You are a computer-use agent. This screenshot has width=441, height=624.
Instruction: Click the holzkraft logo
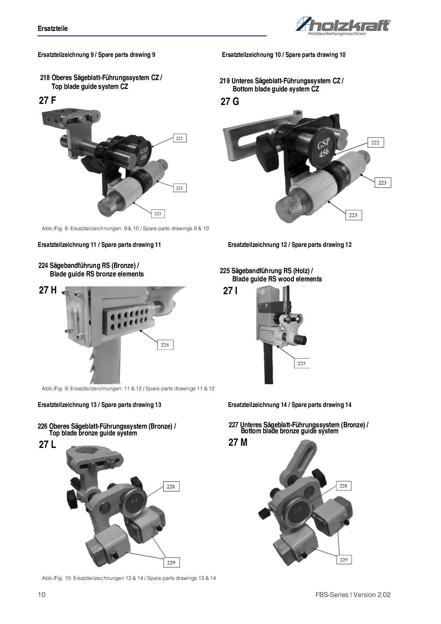[x=343, y=26]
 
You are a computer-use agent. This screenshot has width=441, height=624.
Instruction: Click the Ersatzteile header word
[x=53, y=28]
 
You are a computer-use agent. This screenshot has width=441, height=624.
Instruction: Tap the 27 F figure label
[x=47, y=100]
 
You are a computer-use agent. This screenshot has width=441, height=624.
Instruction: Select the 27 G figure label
[x=230, y=102]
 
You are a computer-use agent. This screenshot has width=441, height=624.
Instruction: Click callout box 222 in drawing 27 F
[x=179, y=138]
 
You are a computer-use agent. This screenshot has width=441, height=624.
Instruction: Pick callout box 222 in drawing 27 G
[x=375, y=143]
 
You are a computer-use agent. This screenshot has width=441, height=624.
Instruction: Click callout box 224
[x=165, y=345]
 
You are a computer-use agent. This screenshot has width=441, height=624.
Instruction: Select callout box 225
[x=301, y=363]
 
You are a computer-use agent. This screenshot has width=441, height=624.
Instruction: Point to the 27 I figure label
[x=230, y=291]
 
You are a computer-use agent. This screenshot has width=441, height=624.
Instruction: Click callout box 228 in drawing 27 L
[x=171, y=487]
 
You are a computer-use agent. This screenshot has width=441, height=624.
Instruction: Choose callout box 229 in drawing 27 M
[x=343, y=560]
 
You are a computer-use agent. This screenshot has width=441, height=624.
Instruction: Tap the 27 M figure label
[x=238, y=443]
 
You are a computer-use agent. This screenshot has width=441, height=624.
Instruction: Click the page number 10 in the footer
[x=42, y=595]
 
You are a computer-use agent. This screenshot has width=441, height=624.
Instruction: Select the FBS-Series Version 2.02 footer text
[x=353, y=595]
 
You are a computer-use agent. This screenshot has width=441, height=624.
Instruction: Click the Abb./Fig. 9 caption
[x=128, y=388]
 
